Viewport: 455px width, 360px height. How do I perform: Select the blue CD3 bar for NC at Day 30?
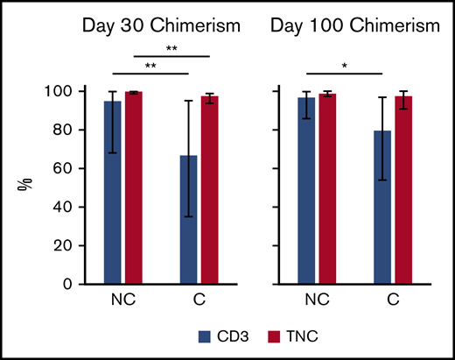pos(113,193)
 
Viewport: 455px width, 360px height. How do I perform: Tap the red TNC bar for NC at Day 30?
pos(133,187)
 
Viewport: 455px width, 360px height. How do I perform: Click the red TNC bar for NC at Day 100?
pos(327,189)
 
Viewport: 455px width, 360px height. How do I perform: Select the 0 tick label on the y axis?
pos(78,284)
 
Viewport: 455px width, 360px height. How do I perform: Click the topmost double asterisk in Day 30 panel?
pos(173,49)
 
